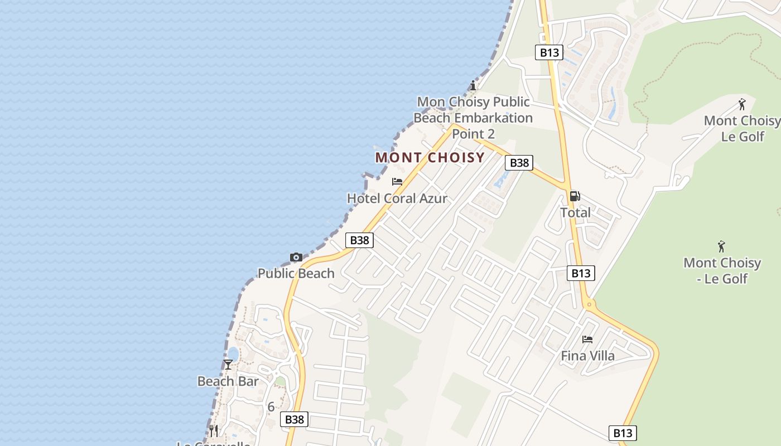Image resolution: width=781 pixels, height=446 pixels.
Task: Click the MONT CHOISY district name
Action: pos(430,157)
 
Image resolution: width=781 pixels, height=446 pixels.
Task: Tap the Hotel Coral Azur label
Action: pos(397,198)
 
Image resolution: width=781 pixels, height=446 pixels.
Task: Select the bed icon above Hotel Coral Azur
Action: pos(397,182)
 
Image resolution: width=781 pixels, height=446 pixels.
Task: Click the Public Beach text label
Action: pos(296,273)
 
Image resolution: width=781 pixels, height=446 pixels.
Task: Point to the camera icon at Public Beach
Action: pos(296,257)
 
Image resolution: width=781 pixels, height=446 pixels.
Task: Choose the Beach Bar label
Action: pos(228,381)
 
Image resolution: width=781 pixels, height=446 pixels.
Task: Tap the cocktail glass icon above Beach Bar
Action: pos(228,365)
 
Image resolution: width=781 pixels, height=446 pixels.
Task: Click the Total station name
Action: pos(575,212)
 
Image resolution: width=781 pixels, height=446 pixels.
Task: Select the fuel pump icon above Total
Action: pos(575,196)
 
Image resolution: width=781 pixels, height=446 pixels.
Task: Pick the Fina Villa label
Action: pos(587,356)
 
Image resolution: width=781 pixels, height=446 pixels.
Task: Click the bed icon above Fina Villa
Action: pos(587,339)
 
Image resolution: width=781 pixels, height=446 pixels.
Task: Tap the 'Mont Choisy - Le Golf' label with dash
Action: pos(722,270)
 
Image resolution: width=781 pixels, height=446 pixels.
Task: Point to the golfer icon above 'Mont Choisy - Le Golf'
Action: pos(721,246)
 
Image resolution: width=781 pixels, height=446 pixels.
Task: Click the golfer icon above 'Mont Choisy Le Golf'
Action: pos(741,104)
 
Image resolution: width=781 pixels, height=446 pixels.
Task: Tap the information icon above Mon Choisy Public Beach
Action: pos(473,85)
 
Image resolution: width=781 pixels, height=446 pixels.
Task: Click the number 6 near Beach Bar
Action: pos(271,407)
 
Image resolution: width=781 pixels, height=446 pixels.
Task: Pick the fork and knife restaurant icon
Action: pos(214,431)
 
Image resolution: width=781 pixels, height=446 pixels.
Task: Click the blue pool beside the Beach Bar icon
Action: pos(233,353)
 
